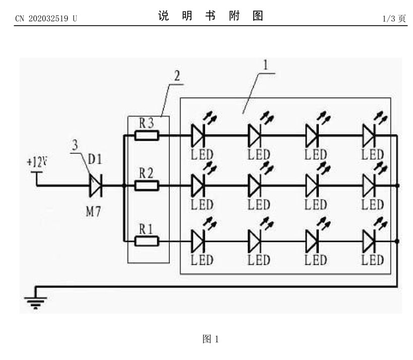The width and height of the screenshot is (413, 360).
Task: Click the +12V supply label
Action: [x=36, y=162]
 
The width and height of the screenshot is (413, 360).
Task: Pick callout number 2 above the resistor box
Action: [x=177, y=76]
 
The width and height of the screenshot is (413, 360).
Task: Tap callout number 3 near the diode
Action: [x=75, y=146]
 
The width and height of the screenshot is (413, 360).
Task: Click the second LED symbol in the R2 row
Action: [x=255, y=186]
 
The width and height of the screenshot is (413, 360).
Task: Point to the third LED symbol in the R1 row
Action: [x=312, y=241]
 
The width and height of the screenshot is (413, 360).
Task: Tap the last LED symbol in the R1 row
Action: [x=369, y=241]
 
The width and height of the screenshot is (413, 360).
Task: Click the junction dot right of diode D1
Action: [x=123, y=186]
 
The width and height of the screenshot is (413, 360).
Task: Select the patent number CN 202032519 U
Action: [x=46, y=19]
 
